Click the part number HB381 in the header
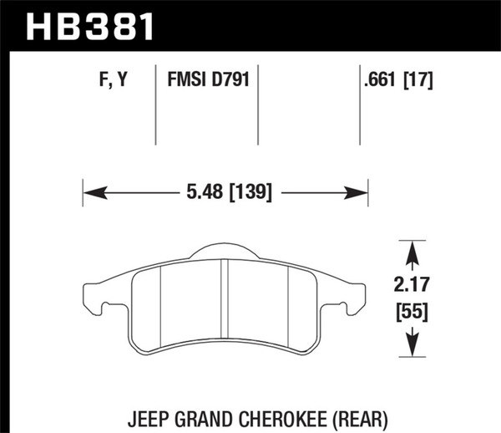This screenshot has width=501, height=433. point(92,23)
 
